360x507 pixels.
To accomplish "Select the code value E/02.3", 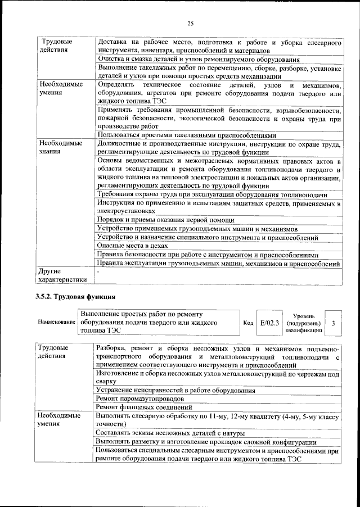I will pos(269,323).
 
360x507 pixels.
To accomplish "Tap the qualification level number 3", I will pos(334,323).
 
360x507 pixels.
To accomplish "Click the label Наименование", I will pos(56,323).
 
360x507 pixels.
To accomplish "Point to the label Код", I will pos(248,323).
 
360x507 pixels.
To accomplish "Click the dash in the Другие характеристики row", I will pos(98,272).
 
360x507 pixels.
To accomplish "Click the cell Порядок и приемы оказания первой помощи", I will pos(165,220).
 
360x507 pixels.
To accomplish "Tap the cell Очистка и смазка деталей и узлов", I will pos(197,59).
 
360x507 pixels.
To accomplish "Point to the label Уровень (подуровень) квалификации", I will pos(304,324).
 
